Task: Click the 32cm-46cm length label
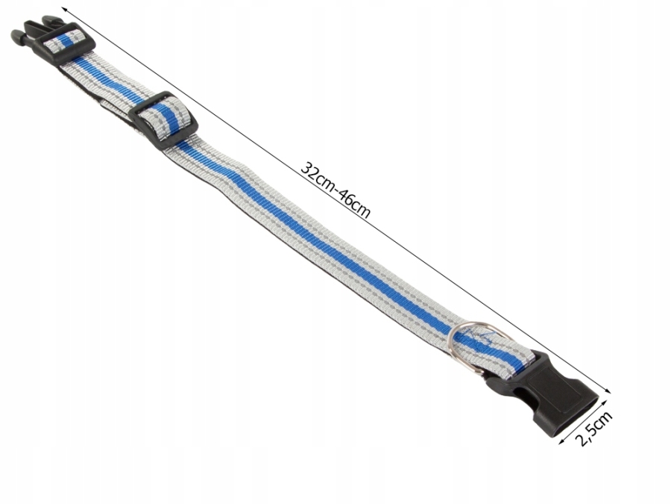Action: (x=335, y=190)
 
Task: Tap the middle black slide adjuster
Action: (x=163, y=120)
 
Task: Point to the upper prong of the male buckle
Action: (x=35, y=25)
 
